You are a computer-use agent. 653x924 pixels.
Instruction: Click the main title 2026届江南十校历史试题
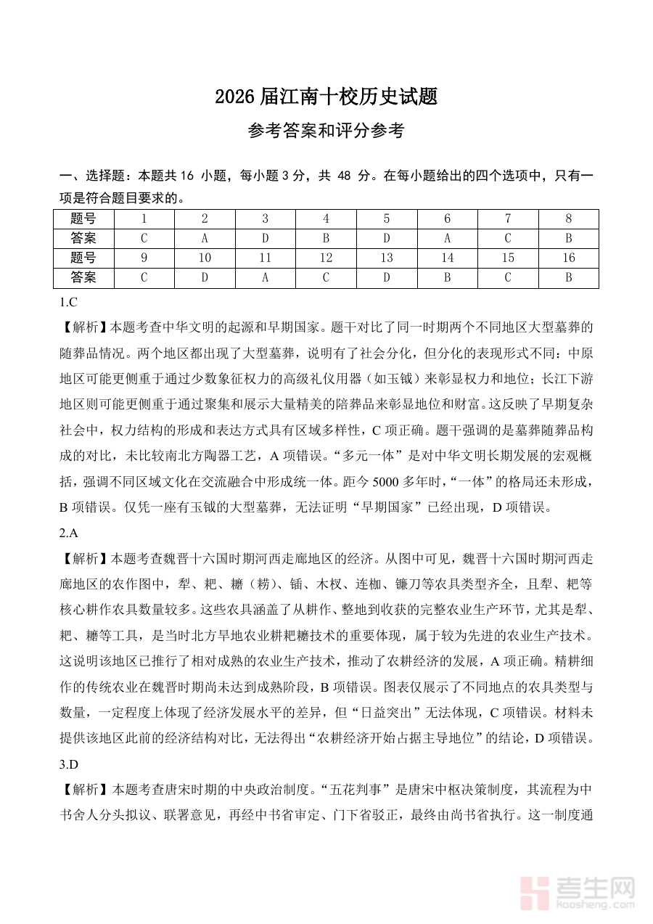(x=326, y=97)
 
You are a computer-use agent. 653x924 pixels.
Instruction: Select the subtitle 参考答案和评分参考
(x=326, y=131)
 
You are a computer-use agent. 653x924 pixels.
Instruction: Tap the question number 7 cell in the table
(x=508, y=218)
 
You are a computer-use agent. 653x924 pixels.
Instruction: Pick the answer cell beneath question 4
(x=326, y=238)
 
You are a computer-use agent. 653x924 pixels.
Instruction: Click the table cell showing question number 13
(x=387, y=258)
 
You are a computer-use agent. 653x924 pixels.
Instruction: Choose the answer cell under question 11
(x=266, y=277)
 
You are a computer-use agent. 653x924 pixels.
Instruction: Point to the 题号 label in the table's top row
(x=83, y=218)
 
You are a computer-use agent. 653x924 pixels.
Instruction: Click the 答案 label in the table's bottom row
(x=83, y=277)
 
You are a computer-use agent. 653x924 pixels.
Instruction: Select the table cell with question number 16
(x=568, y=258)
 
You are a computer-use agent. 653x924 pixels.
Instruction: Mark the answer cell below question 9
(x=144, y=277)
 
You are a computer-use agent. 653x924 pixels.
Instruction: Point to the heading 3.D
(x=68, y=764)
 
